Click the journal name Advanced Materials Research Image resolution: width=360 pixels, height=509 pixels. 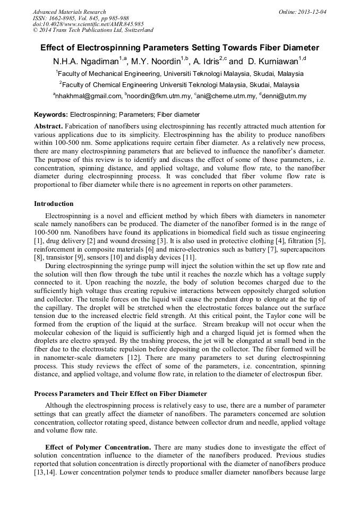pos(69,12)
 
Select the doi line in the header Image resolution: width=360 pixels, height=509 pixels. pos(88,24)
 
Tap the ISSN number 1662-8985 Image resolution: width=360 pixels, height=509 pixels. pos(62,18)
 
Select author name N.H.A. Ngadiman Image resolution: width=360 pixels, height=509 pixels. pos(85,61)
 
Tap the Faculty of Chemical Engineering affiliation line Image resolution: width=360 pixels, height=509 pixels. pos(179,84)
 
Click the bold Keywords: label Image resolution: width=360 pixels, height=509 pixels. pos(51,115)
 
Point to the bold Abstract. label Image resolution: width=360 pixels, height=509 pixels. pos(49,126)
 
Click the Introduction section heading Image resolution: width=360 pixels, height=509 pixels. pos(54,204)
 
